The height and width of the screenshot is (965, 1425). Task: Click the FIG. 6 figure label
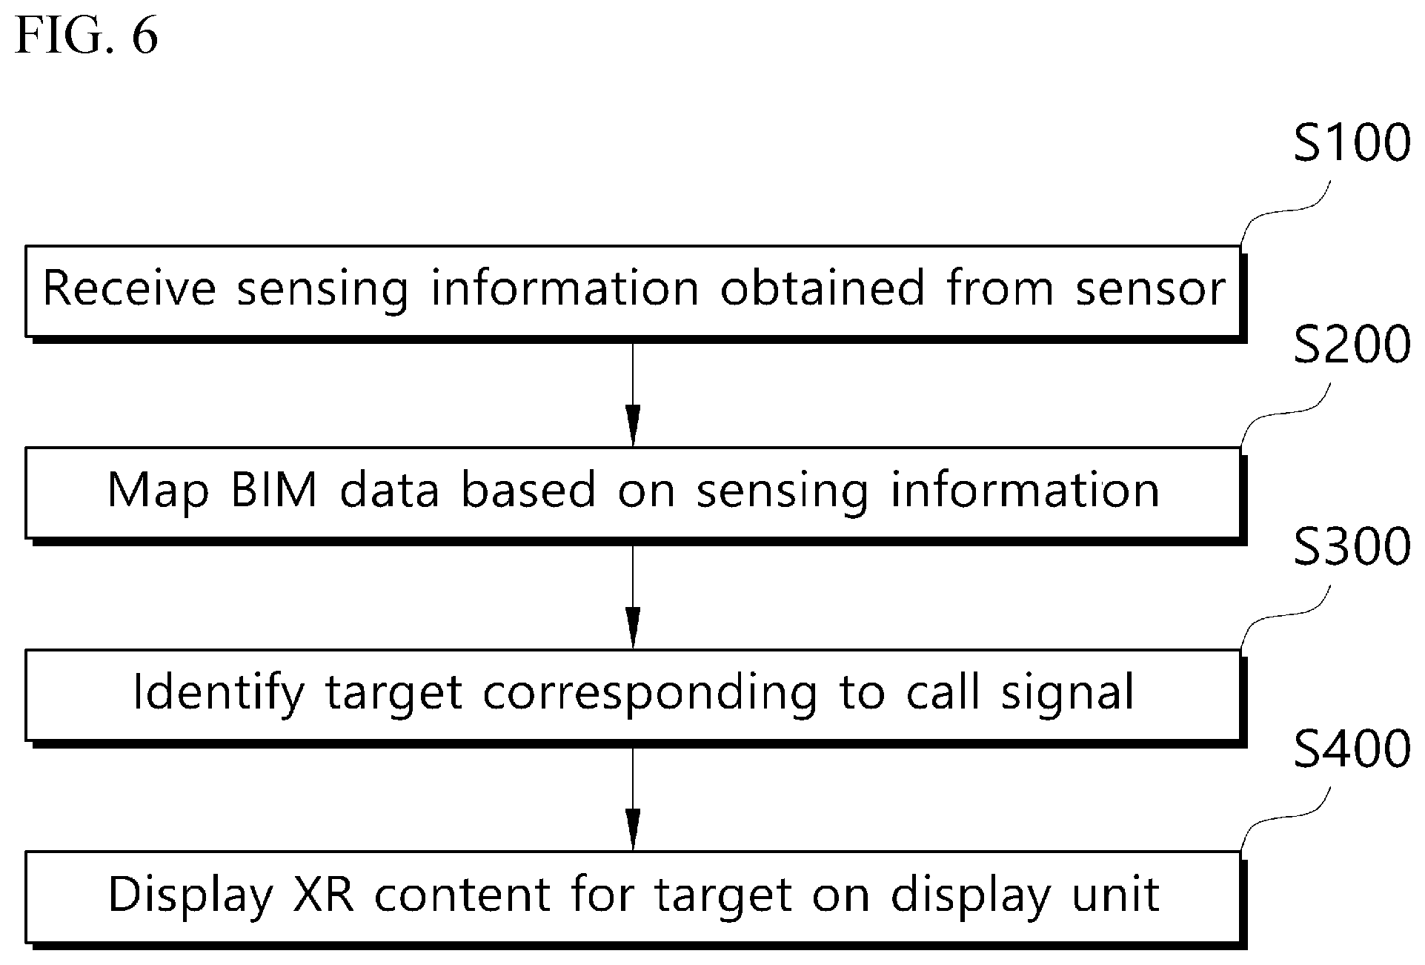[87, 36]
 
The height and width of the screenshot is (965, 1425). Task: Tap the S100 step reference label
[1352, 143]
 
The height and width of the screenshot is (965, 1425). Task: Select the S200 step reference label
[1352, 345]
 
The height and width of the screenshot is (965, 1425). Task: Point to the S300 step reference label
[1352, 548]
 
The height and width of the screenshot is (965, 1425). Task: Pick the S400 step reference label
[1352, 750]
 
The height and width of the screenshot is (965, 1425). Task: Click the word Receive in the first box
[130, 288]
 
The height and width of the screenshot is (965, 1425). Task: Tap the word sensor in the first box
[1151, 289]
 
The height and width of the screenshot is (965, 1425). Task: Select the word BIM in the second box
[274, 490]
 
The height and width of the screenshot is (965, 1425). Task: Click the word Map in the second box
[158, 493]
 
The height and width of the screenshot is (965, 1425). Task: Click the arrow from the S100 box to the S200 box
[632, 394]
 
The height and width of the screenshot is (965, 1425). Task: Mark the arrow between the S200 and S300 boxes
[632, 597]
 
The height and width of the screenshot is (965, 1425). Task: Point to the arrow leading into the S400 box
[632, 799]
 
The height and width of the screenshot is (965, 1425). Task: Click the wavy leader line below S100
[1286, 213]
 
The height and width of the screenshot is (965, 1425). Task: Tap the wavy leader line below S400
[1286, 818]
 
